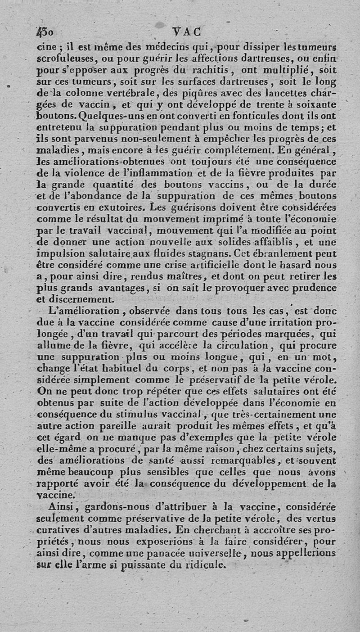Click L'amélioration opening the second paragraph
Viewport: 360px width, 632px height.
coord(87,311)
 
